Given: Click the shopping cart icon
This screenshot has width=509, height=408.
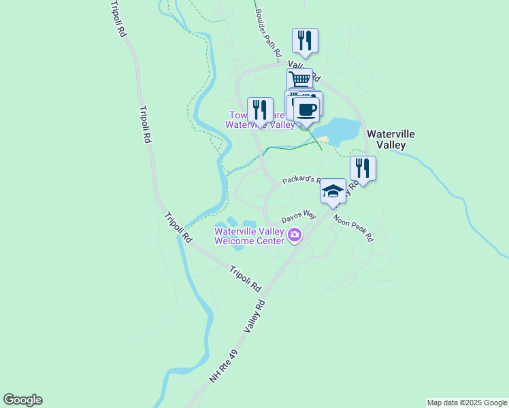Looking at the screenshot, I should (x=299, y=79).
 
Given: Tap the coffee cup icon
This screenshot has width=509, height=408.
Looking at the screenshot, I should (x=306, y=109).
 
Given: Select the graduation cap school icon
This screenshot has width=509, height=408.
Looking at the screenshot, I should (x=333, y=190).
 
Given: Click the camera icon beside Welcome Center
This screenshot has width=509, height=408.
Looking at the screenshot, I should (x=295, y=235).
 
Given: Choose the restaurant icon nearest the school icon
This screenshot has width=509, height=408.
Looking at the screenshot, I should (x=363, y=167).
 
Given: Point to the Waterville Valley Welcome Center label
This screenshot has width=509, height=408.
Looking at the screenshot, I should (x=249, y=235).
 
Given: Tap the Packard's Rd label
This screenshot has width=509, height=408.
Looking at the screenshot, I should (x=301, y=180).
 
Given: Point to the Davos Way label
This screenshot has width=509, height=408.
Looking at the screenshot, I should (x=299, y=217).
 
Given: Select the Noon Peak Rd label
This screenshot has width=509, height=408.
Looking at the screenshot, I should (x=353, y=229).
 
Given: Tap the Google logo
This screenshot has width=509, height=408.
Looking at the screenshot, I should (x=22, y=400).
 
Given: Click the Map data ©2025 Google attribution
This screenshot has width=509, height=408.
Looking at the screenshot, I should (x=466, y=403).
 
